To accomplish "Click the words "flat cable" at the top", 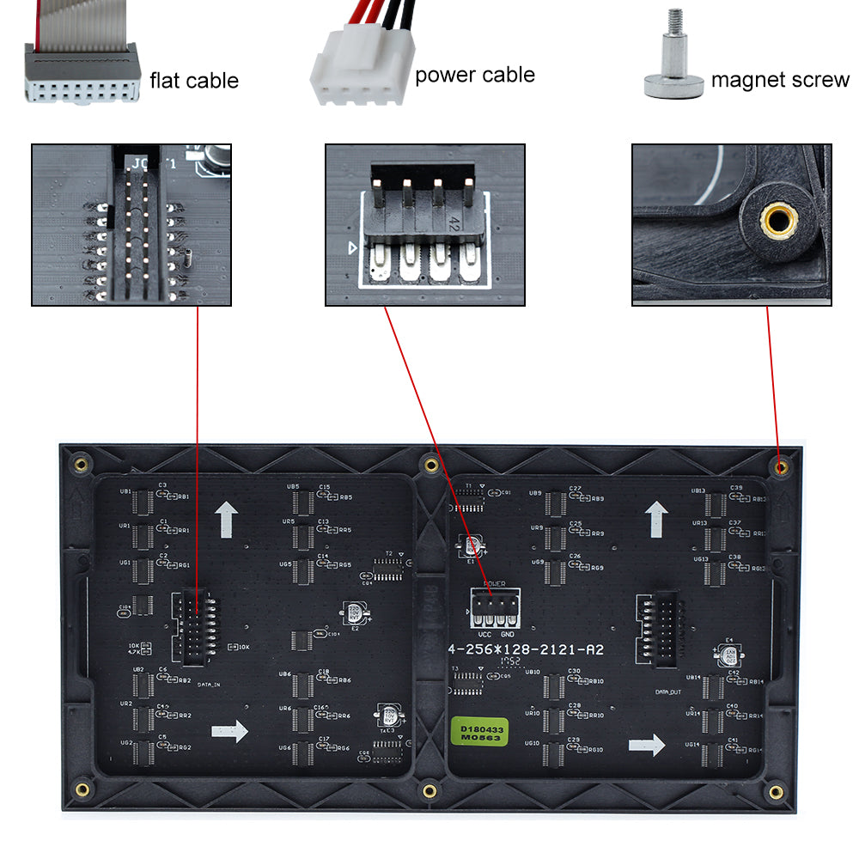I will pyautogui.click(x=193, y=81).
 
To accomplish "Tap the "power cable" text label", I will pyautogui.click(x=474, y=76).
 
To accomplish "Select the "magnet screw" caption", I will pyautogui.click(x=779, y=81).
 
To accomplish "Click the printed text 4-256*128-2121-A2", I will pyautogui.click(x=527, y=650).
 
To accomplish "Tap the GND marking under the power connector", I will pyautogui.click(x=507, y=633).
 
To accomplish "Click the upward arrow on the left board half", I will pyautogui.click(x=227, y=520).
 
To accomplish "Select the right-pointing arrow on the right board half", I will pyautogui.click(x=647, y=745).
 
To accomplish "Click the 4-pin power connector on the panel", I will pyautogui.click(x=494, y=609).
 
